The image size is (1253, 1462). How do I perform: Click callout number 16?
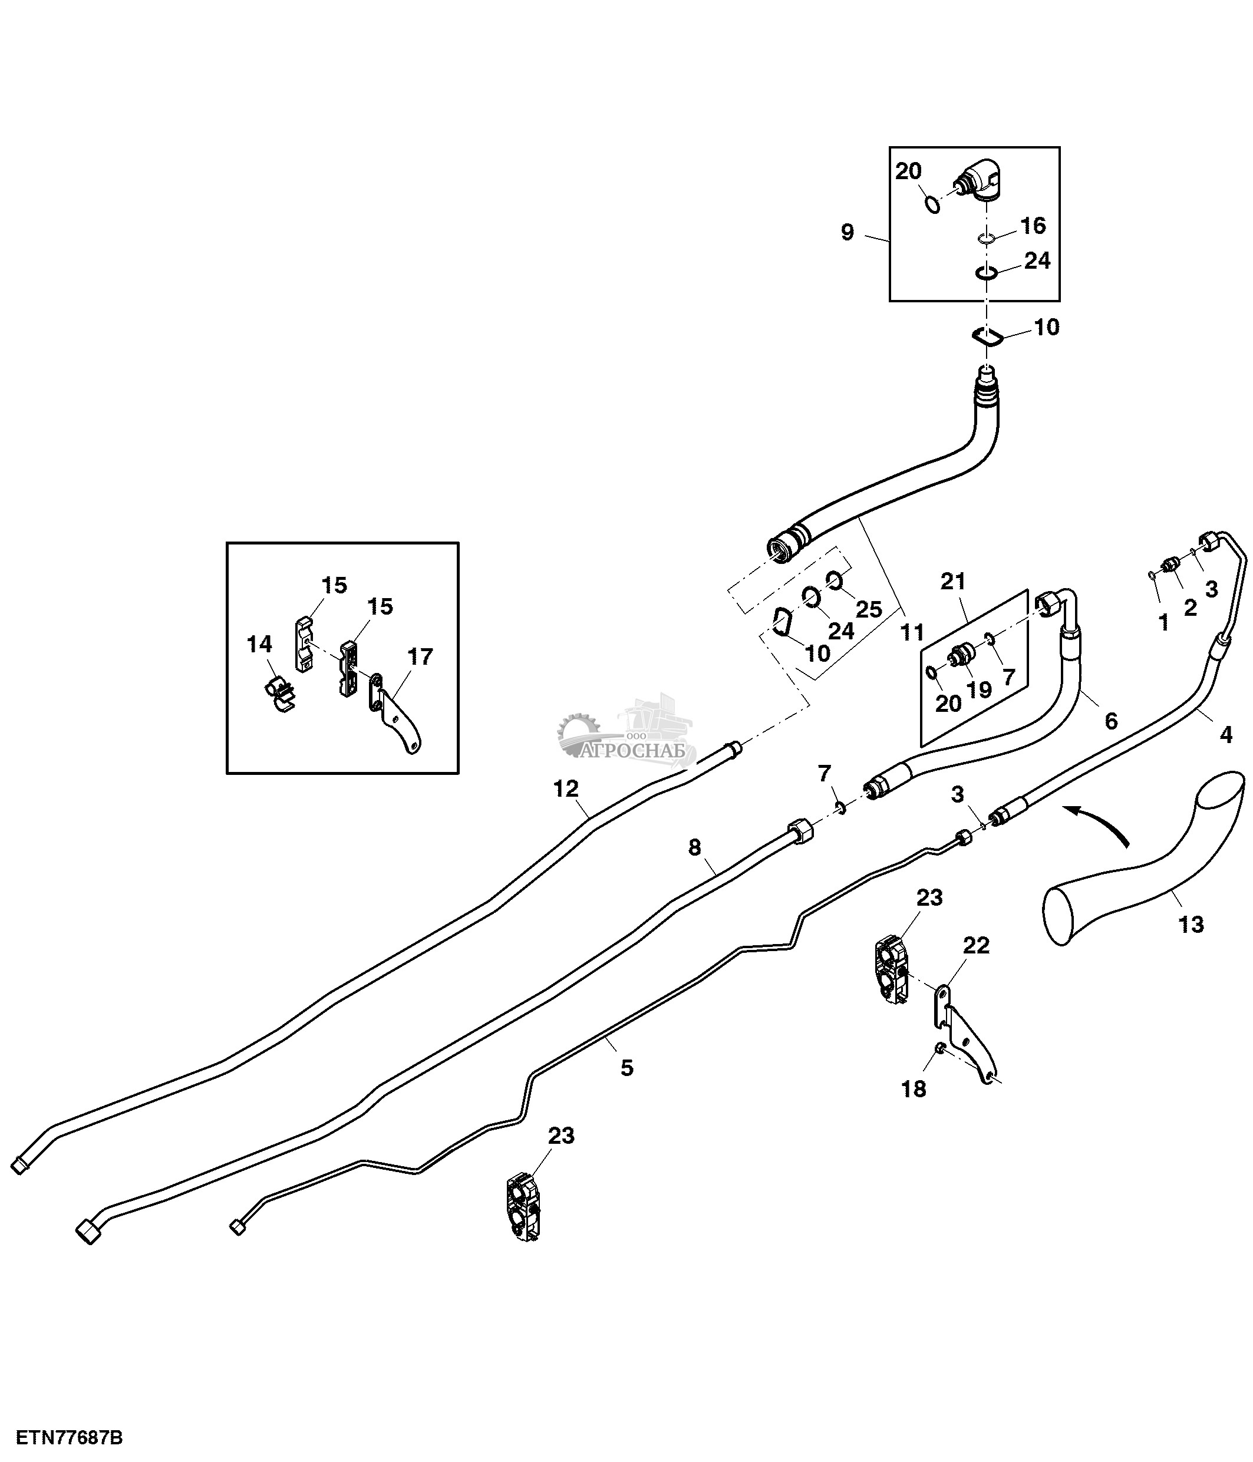(x=1034, y=226)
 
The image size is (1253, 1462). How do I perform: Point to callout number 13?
(x=1191, y=925)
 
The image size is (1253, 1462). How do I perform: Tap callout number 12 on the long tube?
(x=566, y=789)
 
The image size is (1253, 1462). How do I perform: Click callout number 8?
(x=695, y=847)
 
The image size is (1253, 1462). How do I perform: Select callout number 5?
(x=626, y=1068)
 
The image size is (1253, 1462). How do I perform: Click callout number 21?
(x=952, y=582)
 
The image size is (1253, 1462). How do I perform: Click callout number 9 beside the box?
(x=848, y=232)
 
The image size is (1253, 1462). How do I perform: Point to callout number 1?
(x=1163, y=622)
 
